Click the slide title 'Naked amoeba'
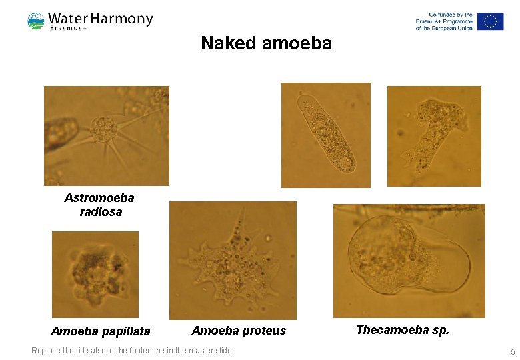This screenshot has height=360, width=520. pyautogui.click(x=266, y=43)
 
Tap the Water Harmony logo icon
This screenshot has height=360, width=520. pyautogui.click(x=36, y=21)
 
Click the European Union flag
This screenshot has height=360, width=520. pyautogui.click(x=490, y=21)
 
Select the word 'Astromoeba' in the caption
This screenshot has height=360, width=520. pyautogui.click(x=99, y=198)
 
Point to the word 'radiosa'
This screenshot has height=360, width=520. pyautogui.click(x=101, y=212)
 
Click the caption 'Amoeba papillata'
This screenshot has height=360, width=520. pyautogui.click(x=101, y=331)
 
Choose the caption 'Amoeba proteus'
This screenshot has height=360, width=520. pyautogui.click(x=239, y=331)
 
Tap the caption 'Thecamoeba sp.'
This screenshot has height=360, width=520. pyautogui.click(x=403, y=330)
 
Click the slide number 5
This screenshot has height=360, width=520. pyautogui.click(x=513, y=351)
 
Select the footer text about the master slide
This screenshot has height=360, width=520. pyautogui.click(x=131, y=351)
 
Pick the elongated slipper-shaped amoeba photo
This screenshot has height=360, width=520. pyautogui.click(x=327, y=133)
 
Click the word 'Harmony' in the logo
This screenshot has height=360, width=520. pyautogui.click(x=126, y=19)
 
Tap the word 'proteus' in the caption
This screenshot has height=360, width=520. pyautogui.click(x=263, y=331)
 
